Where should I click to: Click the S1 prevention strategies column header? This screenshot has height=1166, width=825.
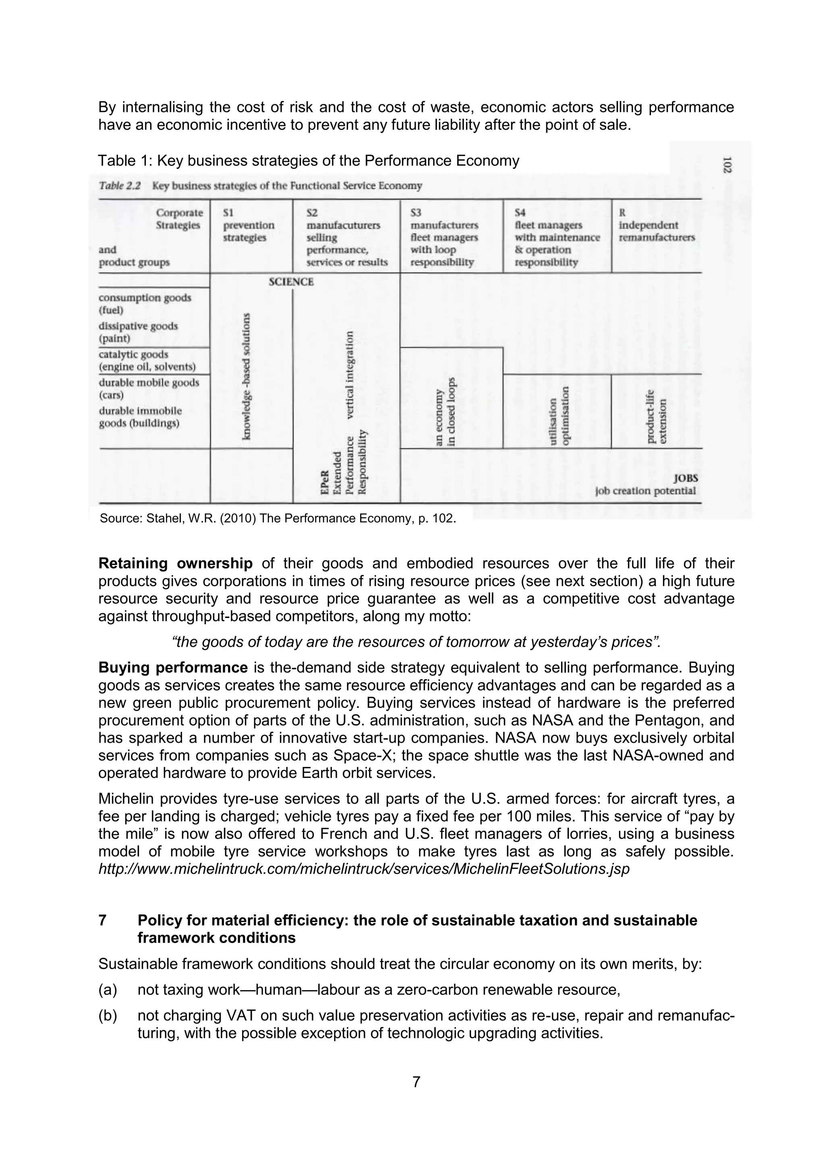249,225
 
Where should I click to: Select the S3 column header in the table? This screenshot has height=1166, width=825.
444,237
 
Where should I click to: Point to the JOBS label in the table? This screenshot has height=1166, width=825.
685,478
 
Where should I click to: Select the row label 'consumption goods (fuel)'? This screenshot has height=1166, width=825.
145,304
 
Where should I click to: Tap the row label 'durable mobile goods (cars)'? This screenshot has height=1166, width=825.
148,389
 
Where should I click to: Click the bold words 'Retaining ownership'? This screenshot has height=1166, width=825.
175,563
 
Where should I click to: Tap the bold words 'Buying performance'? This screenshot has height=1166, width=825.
173,667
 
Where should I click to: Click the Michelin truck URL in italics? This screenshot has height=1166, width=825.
364,869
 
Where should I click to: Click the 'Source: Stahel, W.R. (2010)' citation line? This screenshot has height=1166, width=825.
278,519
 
